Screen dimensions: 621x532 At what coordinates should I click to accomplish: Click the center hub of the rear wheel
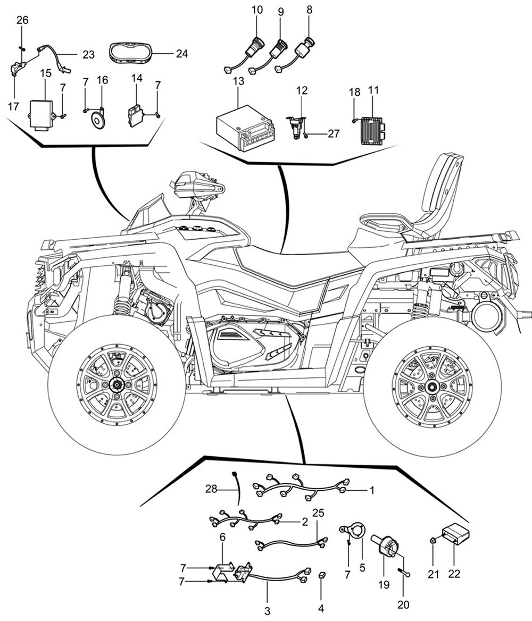431,387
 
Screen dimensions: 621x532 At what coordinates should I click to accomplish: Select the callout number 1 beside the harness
372,490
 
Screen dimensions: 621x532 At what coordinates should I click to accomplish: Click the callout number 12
302,91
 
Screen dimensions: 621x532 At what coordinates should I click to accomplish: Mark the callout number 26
22,21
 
